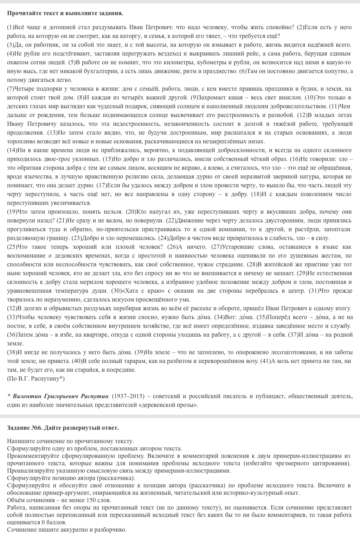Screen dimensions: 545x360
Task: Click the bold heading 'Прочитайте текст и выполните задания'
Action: tap(65, 13)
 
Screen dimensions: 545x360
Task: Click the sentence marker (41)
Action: tap(265, 361)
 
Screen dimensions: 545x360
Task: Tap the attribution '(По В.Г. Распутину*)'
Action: tap(36, 379)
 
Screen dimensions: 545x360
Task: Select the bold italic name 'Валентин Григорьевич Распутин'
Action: tap(60, 396)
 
